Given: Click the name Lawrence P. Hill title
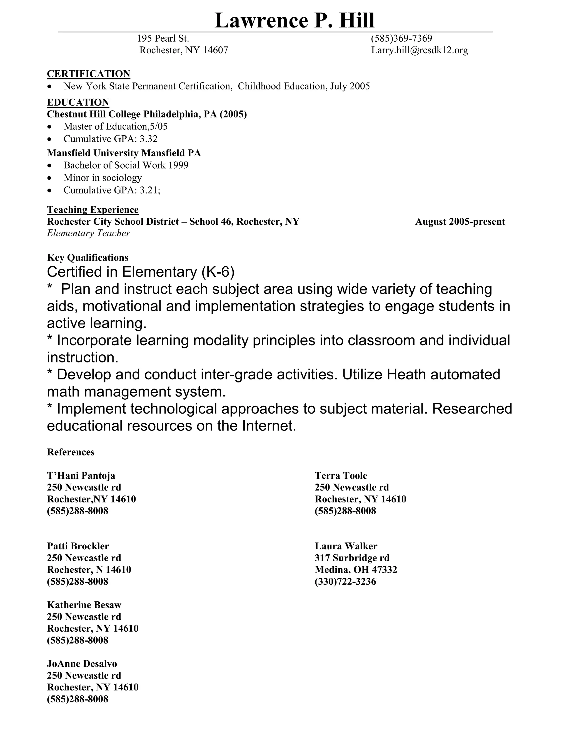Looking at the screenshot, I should (x=294, y=20).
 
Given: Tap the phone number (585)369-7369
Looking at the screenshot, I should (x=401, y=38).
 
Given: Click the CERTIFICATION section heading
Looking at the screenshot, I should (x=88, y=74).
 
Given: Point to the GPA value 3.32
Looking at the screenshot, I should (x=149, y=139).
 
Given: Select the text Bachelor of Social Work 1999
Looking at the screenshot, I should (x=126, y=165).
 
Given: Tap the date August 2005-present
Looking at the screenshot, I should (x=460, y=222).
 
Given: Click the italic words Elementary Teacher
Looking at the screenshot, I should (x=88, y=233).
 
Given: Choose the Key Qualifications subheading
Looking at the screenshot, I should (x=88, y=258).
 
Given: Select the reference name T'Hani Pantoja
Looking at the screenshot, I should (x=81, y=475).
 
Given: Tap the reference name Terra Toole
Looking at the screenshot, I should (x=341, y=475).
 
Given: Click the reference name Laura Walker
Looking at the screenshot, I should (x=346, y=546).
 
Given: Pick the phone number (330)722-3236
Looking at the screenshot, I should (x=345, y=582).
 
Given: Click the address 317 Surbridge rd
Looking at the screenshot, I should (x=352, y=558).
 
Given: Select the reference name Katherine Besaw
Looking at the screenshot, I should (x=84, y=605).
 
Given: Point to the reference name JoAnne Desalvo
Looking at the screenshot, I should (x=82, y=664).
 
